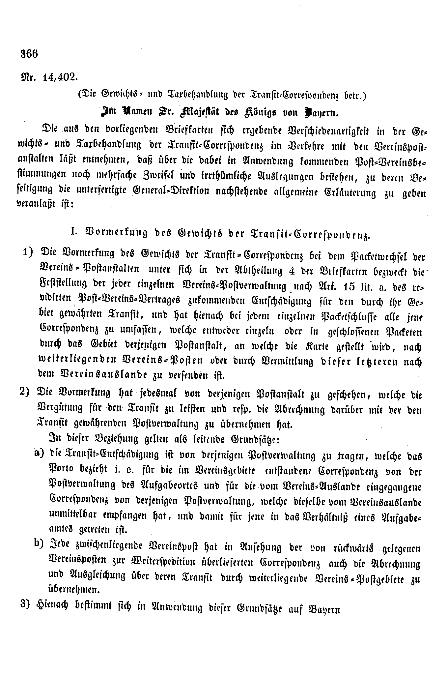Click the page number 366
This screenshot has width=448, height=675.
(x=29, y=53)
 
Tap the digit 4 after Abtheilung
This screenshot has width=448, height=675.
(x=291, y=271)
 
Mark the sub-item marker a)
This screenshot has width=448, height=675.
(x=39, y=454)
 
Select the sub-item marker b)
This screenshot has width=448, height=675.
(x=39, y=545)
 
